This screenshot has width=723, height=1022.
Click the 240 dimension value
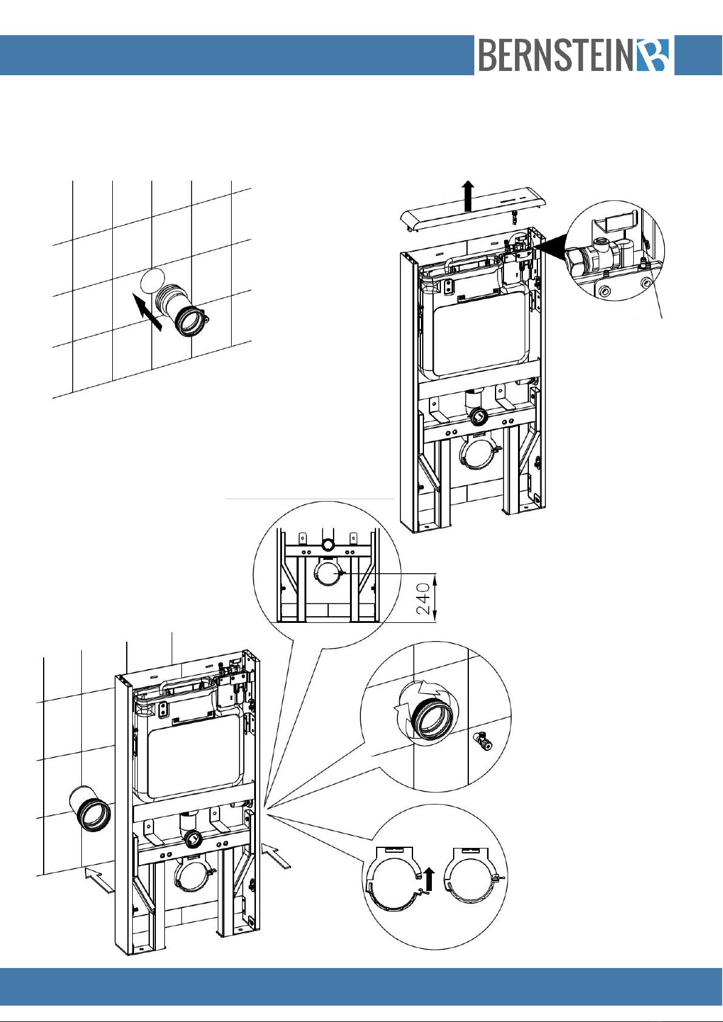pos(423,599)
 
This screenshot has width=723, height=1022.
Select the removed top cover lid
pos(474,210)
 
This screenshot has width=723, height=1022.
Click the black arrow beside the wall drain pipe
pos(147,312)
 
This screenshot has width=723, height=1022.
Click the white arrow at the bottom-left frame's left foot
pos(100,880)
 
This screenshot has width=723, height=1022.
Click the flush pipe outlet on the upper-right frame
pos(479,415)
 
